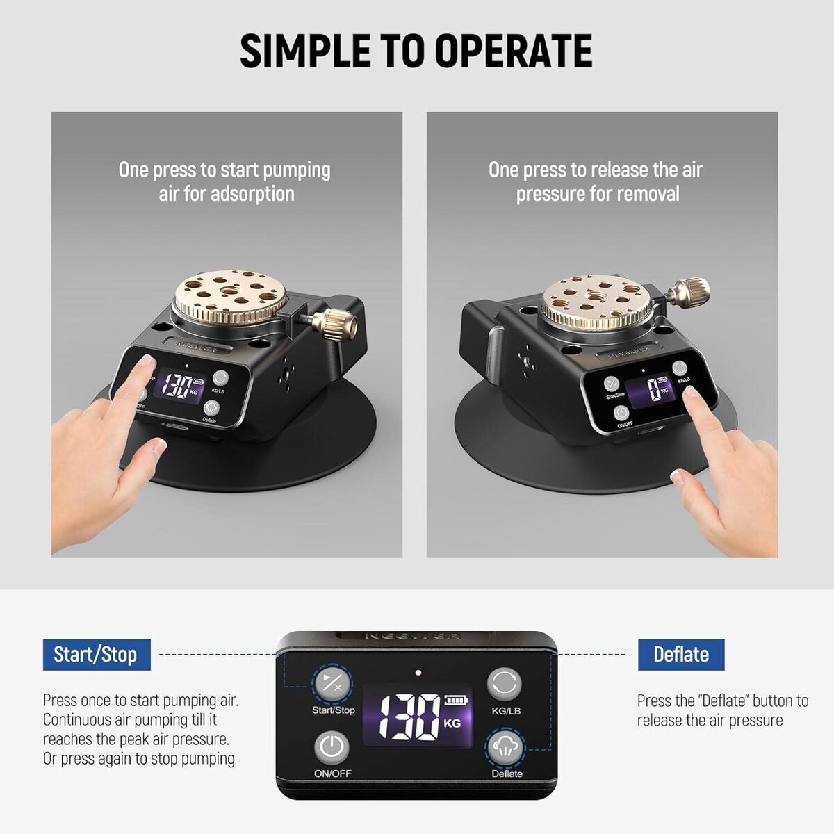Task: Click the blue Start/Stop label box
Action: click(97, 654)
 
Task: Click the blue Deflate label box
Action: click(681, 654)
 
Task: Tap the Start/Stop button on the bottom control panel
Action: click(332, 685)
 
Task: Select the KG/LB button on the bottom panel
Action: click(504, 685)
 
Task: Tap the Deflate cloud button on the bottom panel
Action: click(505, 748)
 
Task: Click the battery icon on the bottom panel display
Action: click(457, 701)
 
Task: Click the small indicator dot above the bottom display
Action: click(418, 673)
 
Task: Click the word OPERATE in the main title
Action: click(514, 51)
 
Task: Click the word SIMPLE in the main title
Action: click(305, 51)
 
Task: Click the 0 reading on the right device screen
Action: click(653, 389)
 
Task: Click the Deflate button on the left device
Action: click(211, 408)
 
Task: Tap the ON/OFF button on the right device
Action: click(622, 414)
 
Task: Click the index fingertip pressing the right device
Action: click(689, 393)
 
